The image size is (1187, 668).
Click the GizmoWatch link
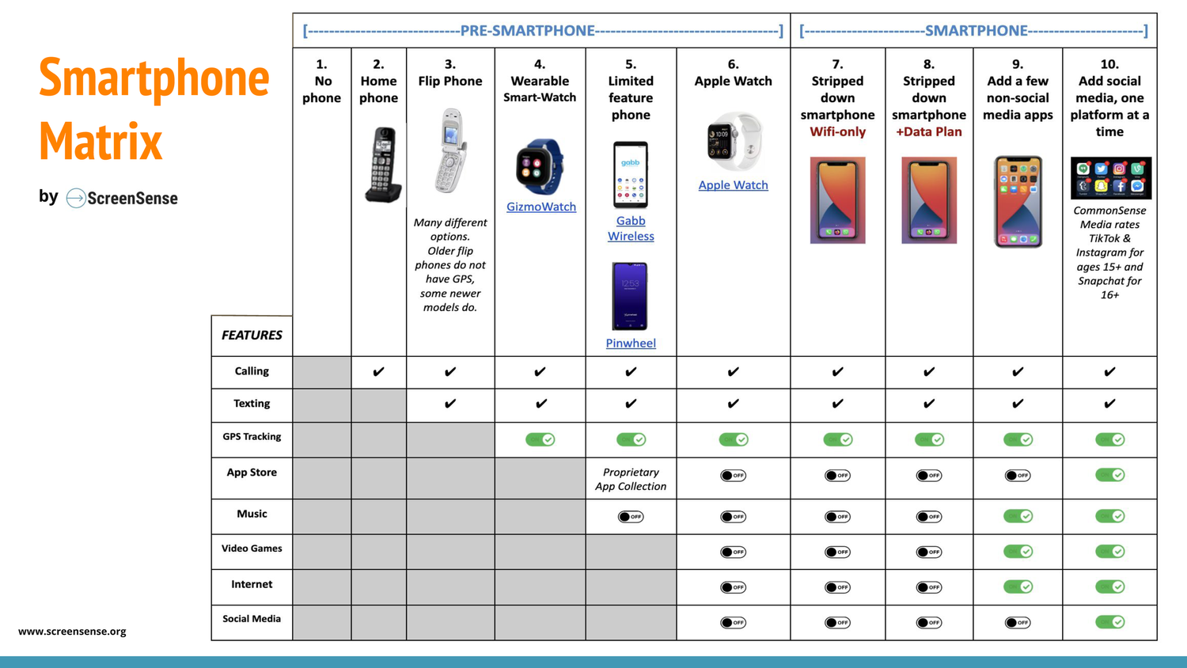[x=540, y=207]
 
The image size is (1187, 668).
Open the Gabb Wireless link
[x=631, y=228]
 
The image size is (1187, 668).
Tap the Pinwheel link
[x=631, y=343]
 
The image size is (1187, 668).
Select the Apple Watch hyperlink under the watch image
[x=733, y=185]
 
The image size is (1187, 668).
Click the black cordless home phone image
[x=383, y=165]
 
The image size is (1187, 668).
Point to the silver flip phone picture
[x=450, y=150]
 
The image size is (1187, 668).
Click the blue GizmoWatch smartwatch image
[x=540, y=167]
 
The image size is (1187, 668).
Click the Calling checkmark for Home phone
[x=378, y=372]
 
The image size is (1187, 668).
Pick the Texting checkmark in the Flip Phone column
[x=450, y=404]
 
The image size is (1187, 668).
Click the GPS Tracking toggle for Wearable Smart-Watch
[x=540, y=439]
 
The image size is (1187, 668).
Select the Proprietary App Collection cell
[x=631, y=479]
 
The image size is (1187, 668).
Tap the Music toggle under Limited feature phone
[x=631, y=517]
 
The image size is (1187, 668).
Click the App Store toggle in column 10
[x=1109, y=475]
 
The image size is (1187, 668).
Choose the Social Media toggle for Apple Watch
[x=733, y=622]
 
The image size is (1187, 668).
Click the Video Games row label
[x=252, y=548]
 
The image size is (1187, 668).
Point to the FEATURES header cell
[x=252, y=336]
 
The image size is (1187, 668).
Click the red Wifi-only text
[x=837, y=132]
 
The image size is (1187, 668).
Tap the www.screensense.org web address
[x=72, y=632]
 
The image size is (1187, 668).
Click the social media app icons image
[x=1110, y=178]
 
